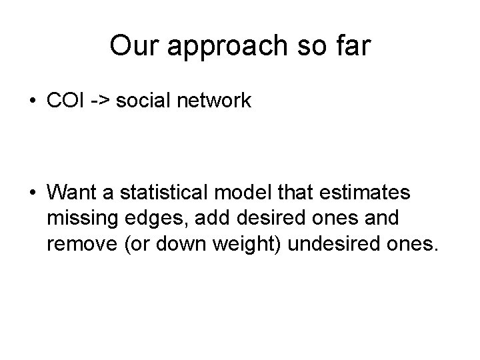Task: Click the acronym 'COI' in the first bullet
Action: point(66,101)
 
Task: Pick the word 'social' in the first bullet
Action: point(142,101)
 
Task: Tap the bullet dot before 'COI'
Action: point(33,102)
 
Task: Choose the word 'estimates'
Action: point(367,193)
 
